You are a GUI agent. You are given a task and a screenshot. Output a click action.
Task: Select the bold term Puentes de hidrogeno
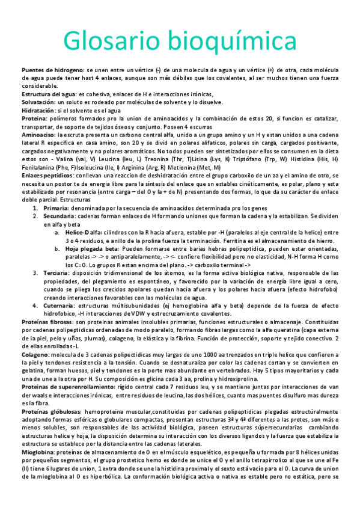point(53,70)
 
